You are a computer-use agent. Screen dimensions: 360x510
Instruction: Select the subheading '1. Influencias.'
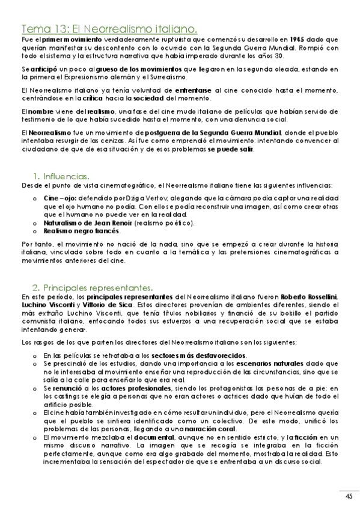61,176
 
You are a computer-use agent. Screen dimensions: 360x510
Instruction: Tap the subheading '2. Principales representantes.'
93,287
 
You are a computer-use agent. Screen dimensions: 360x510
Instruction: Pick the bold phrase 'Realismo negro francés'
81,231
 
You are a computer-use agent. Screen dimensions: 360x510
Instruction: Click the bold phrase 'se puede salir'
231,150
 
